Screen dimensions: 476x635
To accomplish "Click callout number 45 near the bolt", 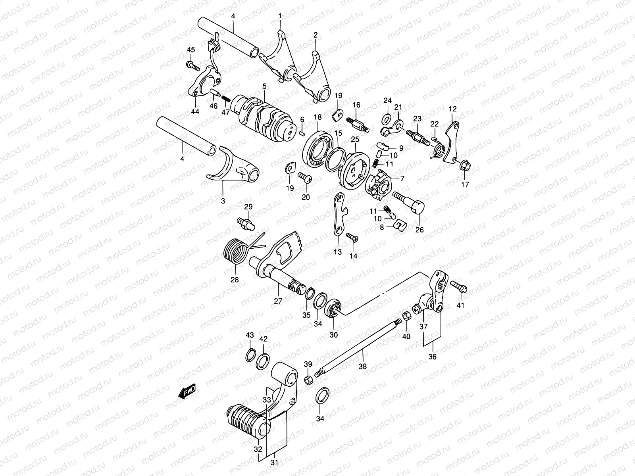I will tap(191, 50).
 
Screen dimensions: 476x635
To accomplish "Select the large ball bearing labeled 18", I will tap(317, 149).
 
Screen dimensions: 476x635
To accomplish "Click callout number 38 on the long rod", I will tap(363, 367).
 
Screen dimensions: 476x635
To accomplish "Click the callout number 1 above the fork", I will tap(279, 16).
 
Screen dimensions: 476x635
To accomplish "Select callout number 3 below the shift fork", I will tap(223, 201).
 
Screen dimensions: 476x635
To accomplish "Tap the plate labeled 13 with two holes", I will tap(338, 214).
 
